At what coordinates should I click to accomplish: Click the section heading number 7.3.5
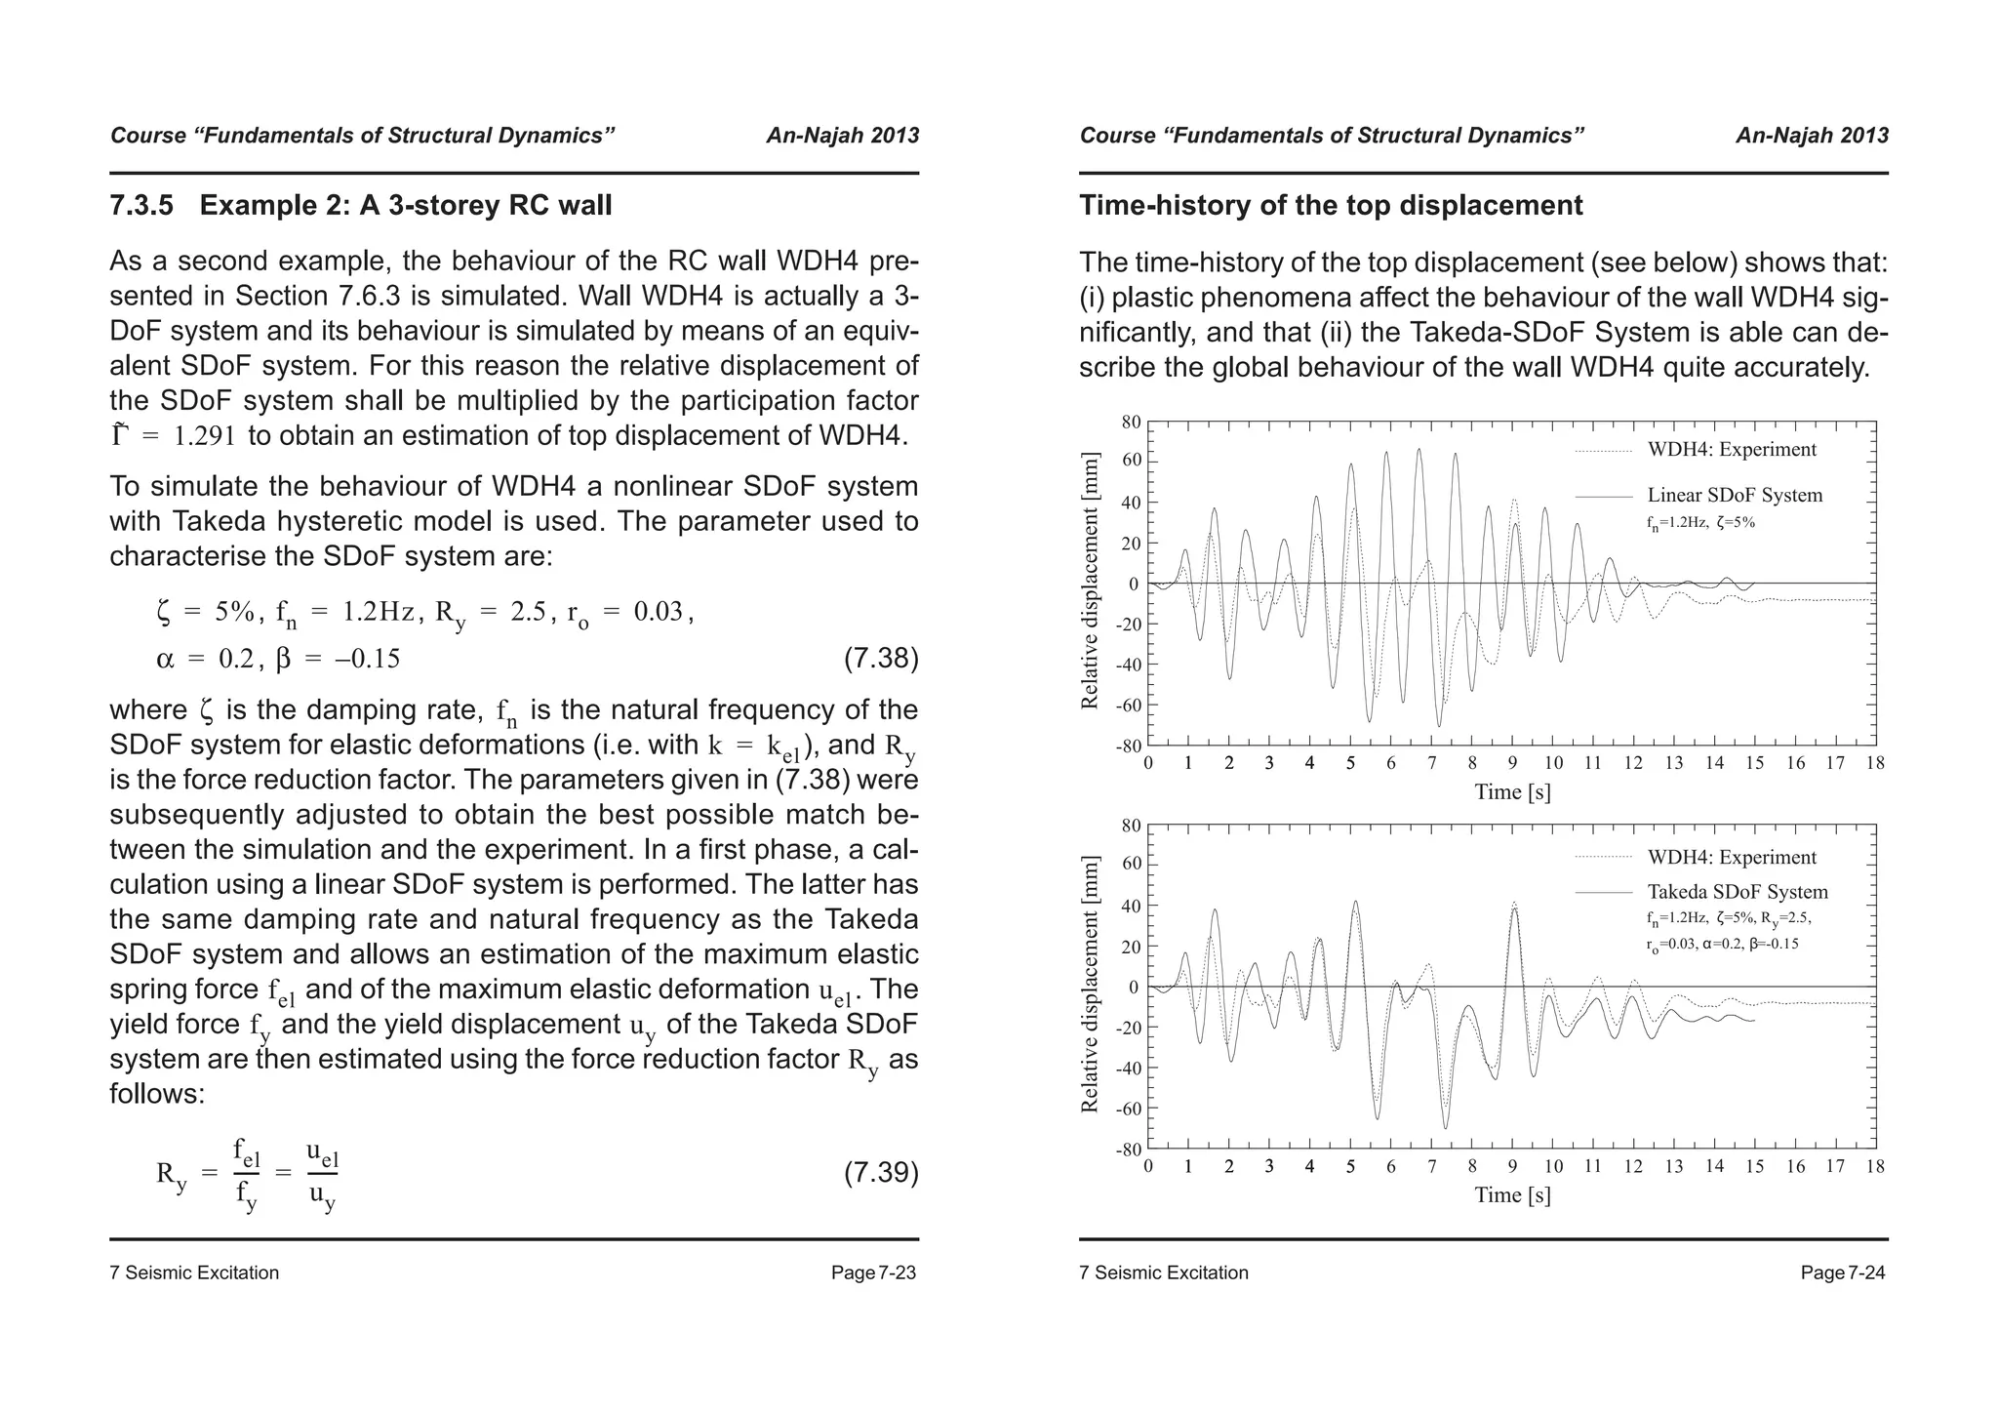(x=141, y=206)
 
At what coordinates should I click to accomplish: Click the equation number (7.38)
(x=880, y=659)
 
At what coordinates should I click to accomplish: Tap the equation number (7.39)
(x=880, y=1172)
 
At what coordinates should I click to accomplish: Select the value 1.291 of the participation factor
(x=204, y=436)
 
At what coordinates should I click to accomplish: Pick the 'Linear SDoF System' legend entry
(x=1735, y=496)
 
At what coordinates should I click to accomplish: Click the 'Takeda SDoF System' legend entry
(x=1738, y=892)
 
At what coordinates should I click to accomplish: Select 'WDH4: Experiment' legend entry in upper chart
(x=1732, y=450)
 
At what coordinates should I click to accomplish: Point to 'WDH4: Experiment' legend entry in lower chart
(x=1732, y=858)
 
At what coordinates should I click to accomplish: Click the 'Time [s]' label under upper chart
(x=1512, y=791)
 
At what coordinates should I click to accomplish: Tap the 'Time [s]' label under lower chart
(x=1512, y=1195)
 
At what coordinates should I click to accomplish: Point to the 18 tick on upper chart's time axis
(x=1875, y=763)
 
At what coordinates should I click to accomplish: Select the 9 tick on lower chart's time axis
(x=1512, y=1166)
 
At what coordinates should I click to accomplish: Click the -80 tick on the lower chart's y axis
(x=1128, y=1150)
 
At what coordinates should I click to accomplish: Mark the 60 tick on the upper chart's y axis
(x=1131, y=462)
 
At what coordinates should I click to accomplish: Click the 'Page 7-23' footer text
(x=873, y=1273)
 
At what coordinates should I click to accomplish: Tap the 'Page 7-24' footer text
(x=1843, y=1273)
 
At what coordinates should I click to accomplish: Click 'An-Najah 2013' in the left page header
(x=842, y=136)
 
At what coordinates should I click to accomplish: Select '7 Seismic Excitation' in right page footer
(x=1164, y=1273)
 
